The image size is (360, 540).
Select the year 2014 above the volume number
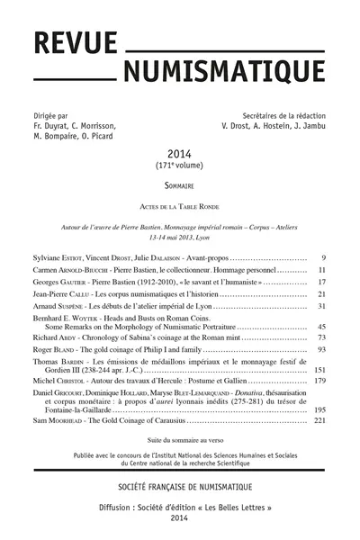coord(180,155)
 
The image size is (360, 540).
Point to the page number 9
coord(321,257)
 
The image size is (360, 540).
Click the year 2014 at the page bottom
coord(180,519)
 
